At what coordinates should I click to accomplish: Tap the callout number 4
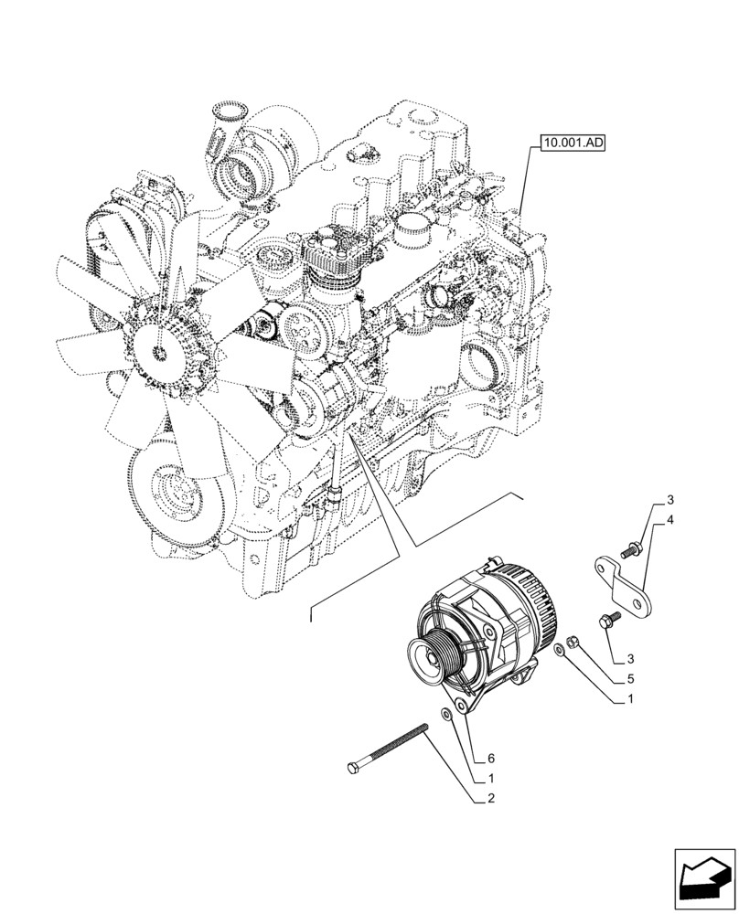coord(670,521)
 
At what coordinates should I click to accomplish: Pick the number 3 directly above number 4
coord(670,500)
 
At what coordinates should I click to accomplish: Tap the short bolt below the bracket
coord(608,621)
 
